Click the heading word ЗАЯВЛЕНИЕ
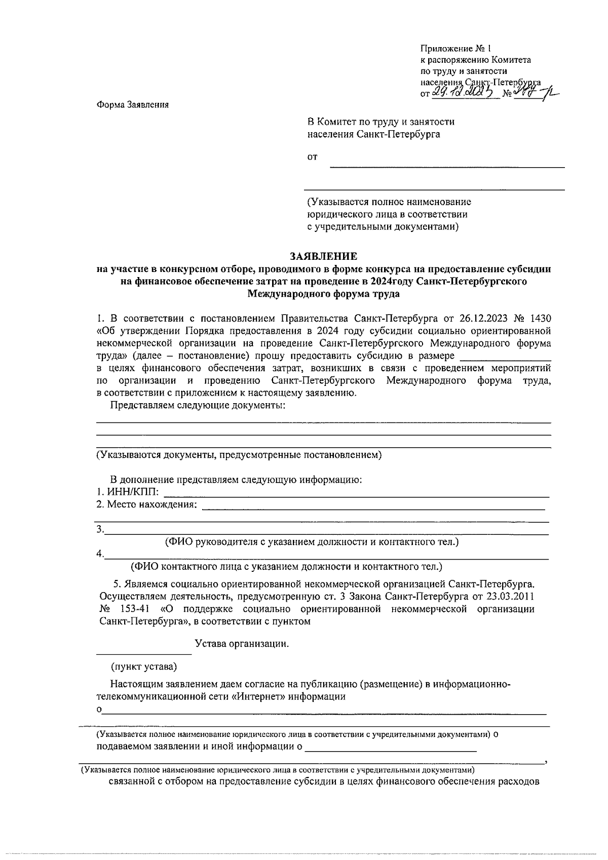pyautogui.click(x=323, y=256)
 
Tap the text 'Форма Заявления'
pyautogui.click(x=132, y=105)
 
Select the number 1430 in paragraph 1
pyautogui.click(x=540, y=319)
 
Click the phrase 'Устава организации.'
pyautogui.click(x=242, y=644)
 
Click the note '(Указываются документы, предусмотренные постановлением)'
pyautogui.click(x=239, y=455)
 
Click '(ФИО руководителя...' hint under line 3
pyautogui.click(x=312, y=542)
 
